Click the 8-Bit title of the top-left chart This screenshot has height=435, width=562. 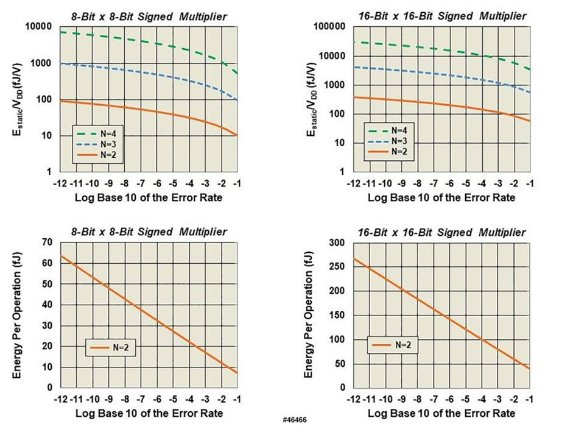pyautogui.click(x=146, y=16)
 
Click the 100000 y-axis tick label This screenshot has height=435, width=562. pyautogui.click(x=329, y=27)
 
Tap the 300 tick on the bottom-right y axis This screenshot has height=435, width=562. pyautogui.click(x=336, y=243)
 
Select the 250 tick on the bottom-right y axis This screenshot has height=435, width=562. pyautogui.click(x=336, y=267)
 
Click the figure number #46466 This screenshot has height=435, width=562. pyautogui.click(x=295, y=421)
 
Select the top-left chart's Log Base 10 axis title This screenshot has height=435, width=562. pyautogui.click(x=148, y=198)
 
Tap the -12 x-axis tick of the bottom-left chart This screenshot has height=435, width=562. pyautogui.click(x=60, y=399)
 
